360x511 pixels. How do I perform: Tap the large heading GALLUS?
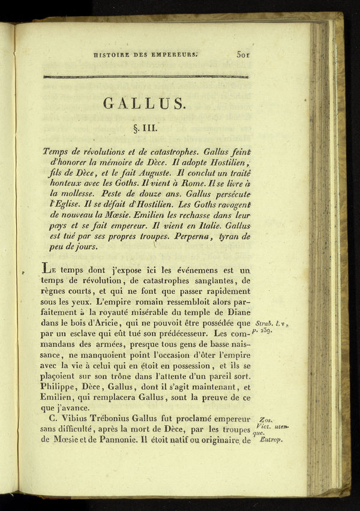click(145, 103)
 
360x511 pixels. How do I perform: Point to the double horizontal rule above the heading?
click(146, 77)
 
